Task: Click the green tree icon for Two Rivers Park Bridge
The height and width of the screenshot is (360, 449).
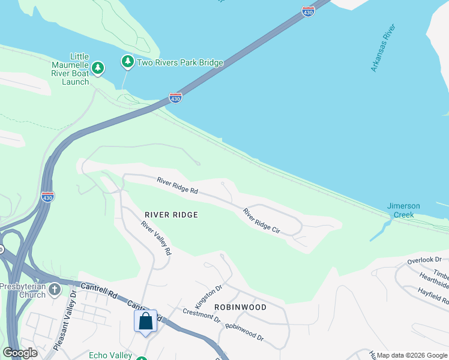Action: point(127,62)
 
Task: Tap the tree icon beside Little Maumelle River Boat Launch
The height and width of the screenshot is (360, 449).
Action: point(100,67)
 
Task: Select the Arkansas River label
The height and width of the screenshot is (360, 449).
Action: point(383,49)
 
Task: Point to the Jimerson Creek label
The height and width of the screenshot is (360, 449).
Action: point(403,210)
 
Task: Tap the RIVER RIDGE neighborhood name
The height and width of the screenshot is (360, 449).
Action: point(171,215)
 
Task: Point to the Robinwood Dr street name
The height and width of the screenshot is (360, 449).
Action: point(244,332)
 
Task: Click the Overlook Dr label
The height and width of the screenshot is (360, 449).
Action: point(424,260)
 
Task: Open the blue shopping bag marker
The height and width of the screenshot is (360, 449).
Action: point(145,322)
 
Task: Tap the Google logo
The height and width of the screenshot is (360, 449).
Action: point(20,353)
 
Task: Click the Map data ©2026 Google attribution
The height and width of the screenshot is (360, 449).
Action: point(411,355)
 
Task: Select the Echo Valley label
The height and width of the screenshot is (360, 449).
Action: point(110,355)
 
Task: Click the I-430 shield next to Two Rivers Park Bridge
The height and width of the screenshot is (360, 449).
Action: point(175,97)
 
